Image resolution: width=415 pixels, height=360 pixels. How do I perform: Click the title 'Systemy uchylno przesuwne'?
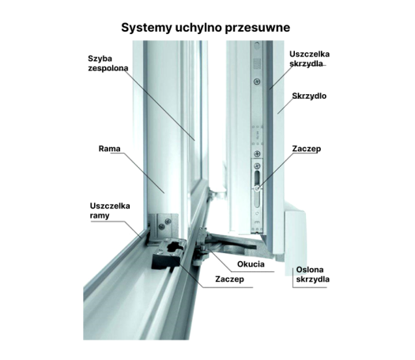click(x=206, y=28)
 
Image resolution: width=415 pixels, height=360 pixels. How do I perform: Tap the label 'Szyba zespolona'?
click(x=108, y=63)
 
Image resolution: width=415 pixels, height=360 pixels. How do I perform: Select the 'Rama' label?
click(x=109, y=149)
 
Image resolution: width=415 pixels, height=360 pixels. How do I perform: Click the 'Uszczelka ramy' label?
click(x=110, y=210)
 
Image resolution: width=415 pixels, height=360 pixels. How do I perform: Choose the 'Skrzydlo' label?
click(x=309, y=96)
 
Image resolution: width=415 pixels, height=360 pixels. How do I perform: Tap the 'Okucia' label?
click(x=251, y=264)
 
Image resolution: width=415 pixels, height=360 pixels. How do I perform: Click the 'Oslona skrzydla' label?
click(x=312, y=275)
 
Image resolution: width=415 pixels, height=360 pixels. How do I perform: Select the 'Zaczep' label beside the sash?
click(x=307, y=149)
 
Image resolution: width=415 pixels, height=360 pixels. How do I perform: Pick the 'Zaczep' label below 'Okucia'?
click(x=229, y=279)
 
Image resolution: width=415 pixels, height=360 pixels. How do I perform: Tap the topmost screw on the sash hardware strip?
click(x=257, y=81)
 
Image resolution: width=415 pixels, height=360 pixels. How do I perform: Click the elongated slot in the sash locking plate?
click(x=257, y=179)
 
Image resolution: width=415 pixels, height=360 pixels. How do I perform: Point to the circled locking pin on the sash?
click(x=257, y=188)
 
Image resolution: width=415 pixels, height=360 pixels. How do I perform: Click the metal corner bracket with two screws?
click(x=163, y=226)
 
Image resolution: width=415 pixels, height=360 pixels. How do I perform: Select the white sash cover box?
click(x=295, y=242)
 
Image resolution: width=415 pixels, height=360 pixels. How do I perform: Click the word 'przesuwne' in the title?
click(x=258, y=28)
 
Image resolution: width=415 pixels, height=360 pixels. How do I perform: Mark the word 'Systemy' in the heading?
click(x=146, y=28)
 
